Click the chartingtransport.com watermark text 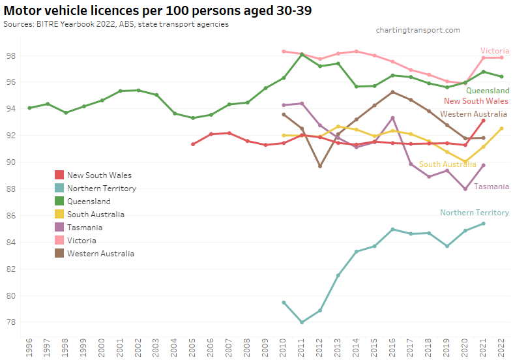418,30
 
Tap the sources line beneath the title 116,24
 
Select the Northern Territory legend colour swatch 59,188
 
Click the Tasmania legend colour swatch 59,228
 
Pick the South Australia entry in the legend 95,215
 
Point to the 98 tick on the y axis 12,56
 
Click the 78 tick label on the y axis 12,322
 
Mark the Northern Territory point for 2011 302,322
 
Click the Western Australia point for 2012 320,166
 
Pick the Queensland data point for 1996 29,108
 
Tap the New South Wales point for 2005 193,144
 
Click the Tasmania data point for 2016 392,118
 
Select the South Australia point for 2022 501,128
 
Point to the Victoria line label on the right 495,51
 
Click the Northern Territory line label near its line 475,213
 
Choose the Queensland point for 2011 302,54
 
